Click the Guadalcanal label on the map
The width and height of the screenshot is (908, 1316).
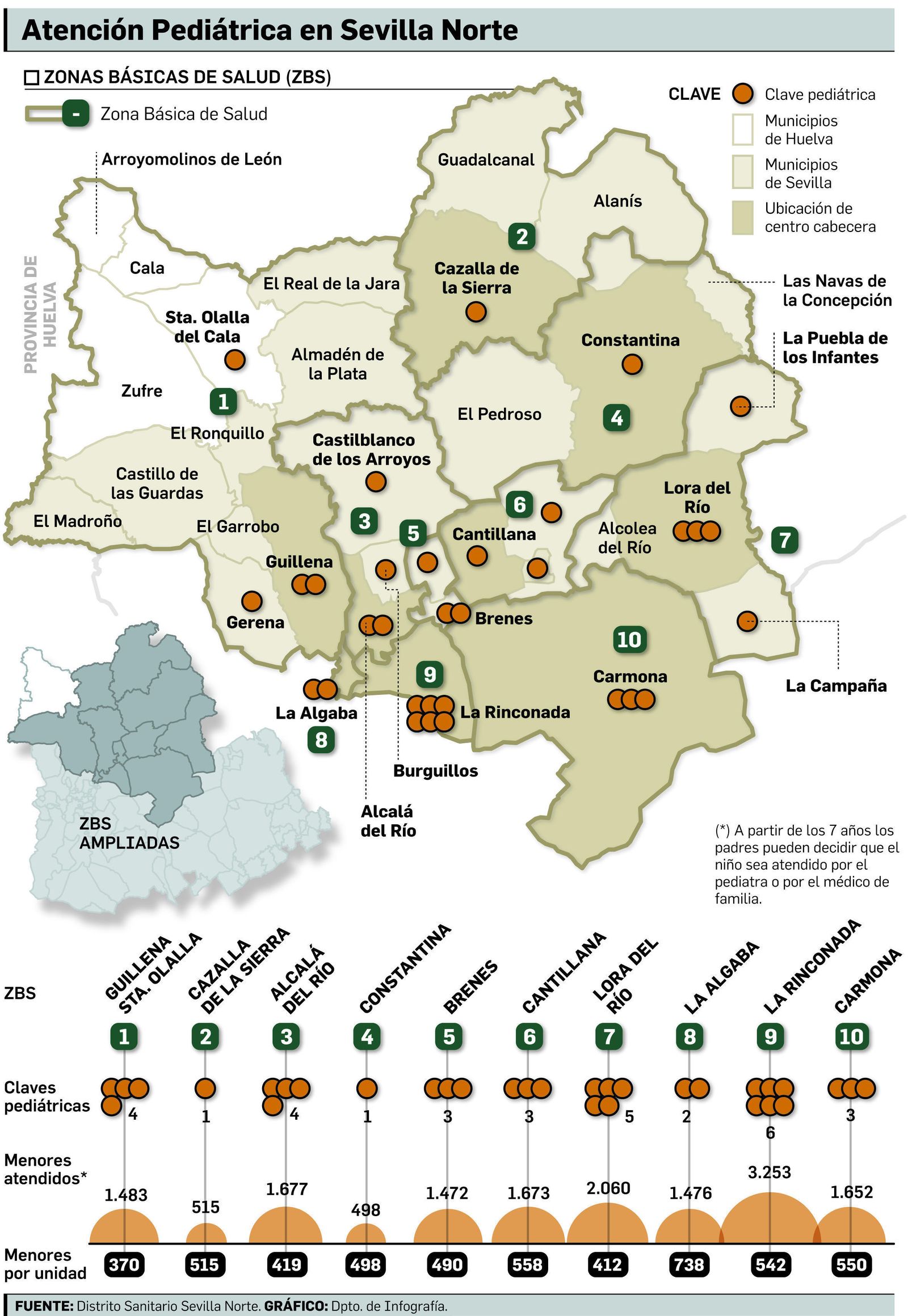[x=486, y=160]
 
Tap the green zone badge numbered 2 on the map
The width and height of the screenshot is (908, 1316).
[x=522, y=236]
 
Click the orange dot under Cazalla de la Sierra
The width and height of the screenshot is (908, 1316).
[x=476, y=311]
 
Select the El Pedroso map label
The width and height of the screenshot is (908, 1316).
[x=499, y=414]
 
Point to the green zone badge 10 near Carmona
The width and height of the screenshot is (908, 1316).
[x=629, y=639]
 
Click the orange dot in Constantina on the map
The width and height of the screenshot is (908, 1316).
[x=632, y=364]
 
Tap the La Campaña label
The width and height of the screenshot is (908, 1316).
[x=836, y=686]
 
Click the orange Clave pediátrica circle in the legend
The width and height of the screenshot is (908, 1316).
[x=742, y=94]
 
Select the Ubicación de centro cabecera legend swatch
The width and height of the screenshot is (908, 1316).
[x=742, y=217]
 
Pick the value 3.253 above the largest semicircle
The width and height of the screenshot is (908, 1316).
[x=769, y=1172]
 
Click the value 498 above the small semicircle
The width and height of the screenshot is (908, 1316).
[x=365, y=1210]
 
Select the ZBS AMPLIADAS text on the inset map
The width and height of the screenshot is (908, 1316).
[x=129, y=833]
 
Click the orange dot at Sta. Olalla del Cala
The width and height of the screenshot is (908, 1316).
[x=234, y=360]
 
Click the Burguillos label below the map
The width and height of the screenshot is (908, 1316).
[x=435, y=771]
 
